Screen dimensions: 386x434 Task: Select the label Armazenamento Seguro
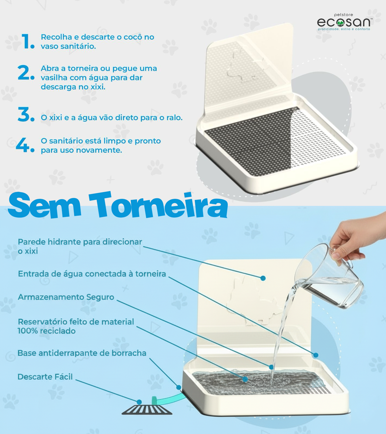click(66, 297)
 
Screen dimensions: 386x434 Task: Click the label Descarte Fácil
click(45, 377)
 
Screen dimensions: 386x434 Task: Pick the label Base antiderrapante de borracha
click(82, 353)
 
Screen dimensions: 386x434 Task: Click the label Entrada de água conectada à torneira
click(92, 274)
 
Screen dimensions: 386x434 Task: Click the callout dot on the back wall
click(263, 278)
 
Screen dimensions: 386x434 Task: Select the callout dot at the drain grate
click(139, 402)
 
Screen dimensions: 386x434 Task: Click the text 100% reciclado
click(47, 331)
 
